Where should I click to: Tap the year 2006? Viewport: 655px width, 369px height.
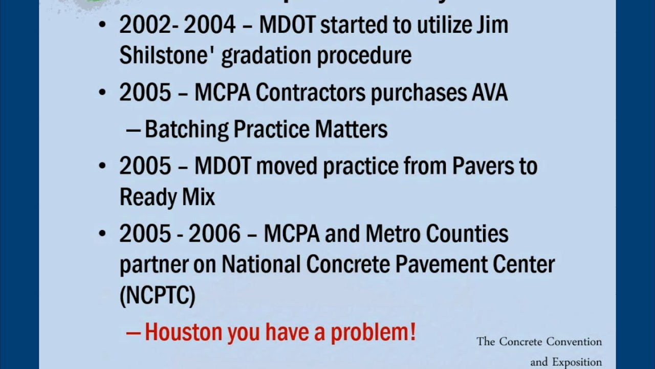[x=214, y=234]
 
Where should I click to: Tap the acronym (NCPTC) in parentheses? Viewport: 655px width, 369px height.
[x=158, y=296]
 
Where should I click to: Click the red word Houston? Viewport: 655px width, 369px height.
[x=183, y=333]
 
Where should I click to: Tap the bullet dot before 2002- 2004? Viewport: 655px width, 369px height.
[x=103, y=26]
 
